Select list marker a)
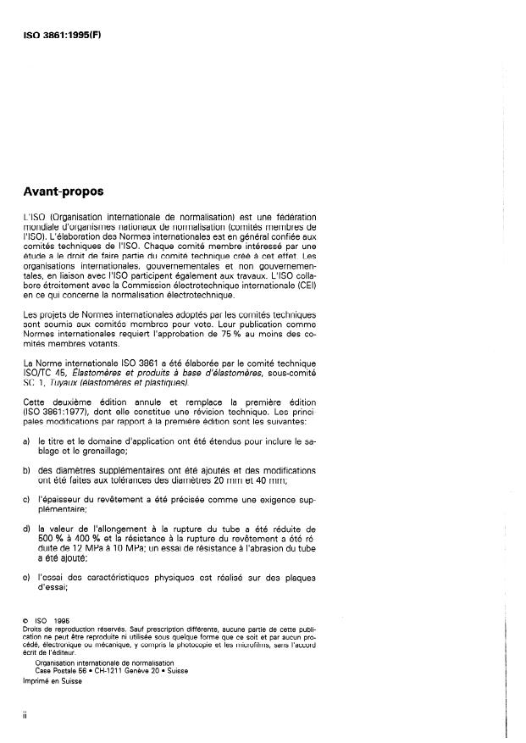[27, 441]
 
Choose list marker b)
[27, 469]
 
